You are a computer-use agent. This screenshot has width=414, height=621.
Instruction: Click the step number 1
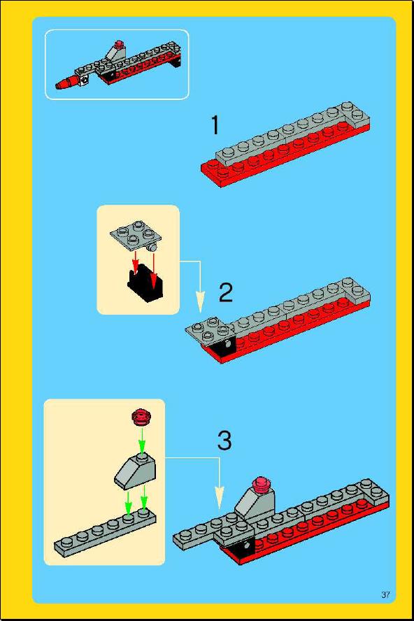pos(215,125)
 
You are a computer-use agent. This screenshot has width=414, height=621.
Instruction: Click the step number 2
pos(226,293)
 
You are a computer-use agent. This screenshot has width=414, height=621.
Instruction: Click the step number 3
pos(224,441)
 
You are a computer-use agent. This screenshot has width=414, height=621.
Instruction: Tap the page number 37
pos(385,594)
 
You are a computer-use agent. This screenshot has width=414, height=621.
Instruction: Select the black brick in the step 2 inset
pos(145,283)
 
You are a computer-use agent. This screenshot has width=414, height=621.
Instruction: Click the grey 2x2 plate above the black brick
pos(135,234)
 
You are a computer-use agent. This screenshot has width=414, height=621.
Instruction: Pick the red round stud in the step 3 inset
pos(141,417)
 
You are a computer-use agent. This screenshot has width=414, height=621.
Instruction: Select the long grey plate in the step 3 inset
pos(105,533)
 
